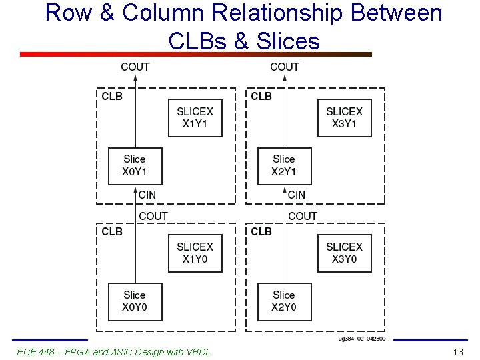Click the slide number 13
click(x=457, y=352)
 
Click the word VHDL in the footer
click(x=197, y=352)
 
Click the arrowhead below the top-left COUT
click(x=135, y=78)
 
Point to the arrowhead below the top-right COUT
click(x=285, y=78)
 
